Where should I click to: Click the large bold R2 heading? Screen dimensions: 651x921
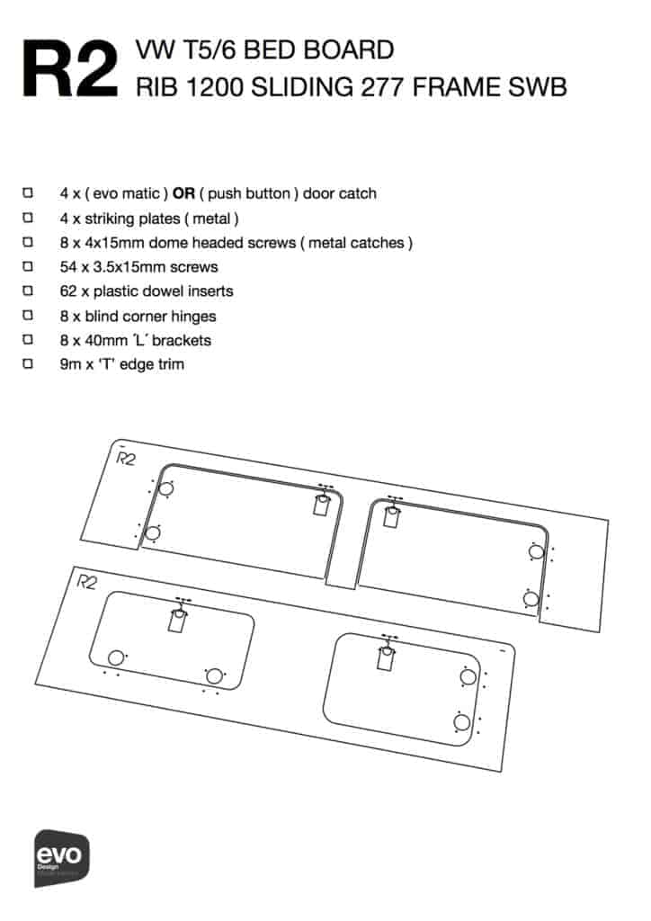pyautogui.click(x=70, y=68)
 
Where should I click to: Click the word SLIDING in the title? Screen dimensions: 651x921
pyautogui.click(x=302, y=87)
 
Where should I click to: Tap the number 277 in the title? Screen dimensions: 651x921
pyautogui.click(x=381, y=87)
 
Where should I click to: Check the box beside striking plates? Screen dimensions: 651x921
pyautogui.click(x=28, y=218)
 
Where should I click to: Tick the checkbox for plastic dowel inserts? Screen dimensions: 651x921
pyautogui.click(x=28, y=291)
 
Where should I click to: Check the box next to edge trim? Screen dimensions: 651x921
pyautogui.click(x=28, y=363)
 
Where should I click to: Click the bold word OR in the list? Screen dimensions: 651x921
pyautogui.click(x=183, y=193)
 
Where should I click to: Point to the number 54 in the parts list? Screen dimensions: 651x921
pyautogui.click(x=67, y=266)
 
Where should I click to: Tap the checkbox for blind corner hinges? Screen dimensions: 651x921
pyautogui.click(x=28, y=315)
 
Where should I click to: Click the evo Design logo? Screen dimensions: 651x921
pyautogui.click(x=62, y=857)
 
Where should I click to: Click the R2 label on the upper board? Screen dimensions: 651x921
pyautogui.click(x=125, y=458)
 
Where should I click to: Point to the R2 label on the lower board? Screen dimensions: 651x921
pyautogui.click(x=86, y=582)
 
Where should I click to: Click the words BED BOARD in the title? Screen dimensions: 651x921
pyautogui.click(x=318, y=50)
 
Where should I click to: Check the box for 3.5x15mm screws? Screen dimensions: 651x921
pyautogui.click(x=28, y=266)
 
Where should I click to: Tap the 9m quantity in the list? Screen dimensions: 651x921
pyautogui.click(x=70, y=364)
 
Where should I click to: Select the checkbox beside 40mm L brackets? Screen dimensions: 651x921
pyautogui.click(x=28, y=339)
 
